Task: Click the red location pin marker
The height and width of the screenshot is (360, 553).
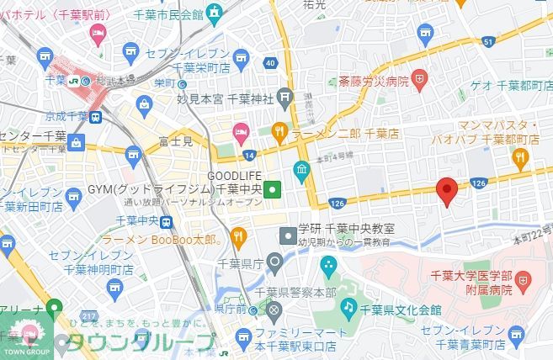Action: click(447, 192)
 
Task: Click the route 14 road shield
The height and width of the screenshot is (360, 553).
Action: click(249, 156)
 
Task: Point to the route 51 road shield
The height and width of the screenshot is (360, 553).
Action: click(488, 42)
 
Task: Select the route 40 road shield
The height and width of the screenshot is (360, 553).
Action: click(270, 63)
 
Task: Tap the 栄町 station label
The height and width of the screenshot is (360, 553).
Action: click(167, 83)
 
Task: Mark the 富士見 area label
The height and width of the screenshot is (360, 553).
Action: click(175, 143)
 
